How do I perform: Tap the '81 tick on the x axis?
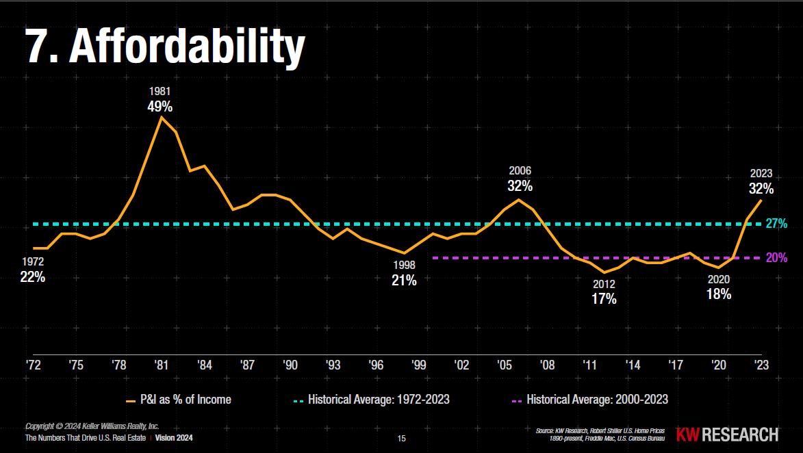coord(161,365)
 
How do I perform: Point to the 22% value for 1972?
coord(33,277)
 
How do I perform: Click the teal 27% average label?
coord(776,224)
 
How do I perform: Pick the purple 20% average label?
coord(776,258)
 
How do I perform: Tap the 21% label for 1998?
coord(404,280)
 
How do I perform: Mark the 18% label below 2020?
coord(719,294)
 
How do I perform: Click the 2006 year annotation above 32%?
coord(520,170)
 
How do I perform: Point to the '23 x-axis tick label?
coord(761,365)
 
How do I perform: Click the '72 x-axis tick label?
coord(34,365)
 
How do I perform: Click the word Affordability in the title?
coord(186,47)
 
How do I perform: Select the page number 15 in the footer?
coord(402,438)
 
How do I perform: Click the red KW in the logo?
coord(687,435)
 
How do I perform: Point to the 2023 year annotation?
coord(761,174)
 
